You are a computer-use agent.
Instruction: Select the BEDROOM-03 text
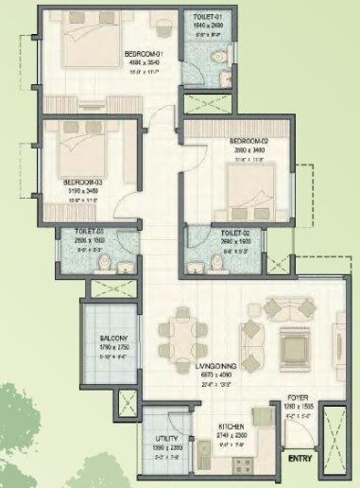coord(81,182)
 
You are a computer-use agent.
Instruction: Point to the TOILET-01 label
coord(208,16)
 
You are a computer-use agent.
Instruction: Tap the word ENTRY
coord(300,459)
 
